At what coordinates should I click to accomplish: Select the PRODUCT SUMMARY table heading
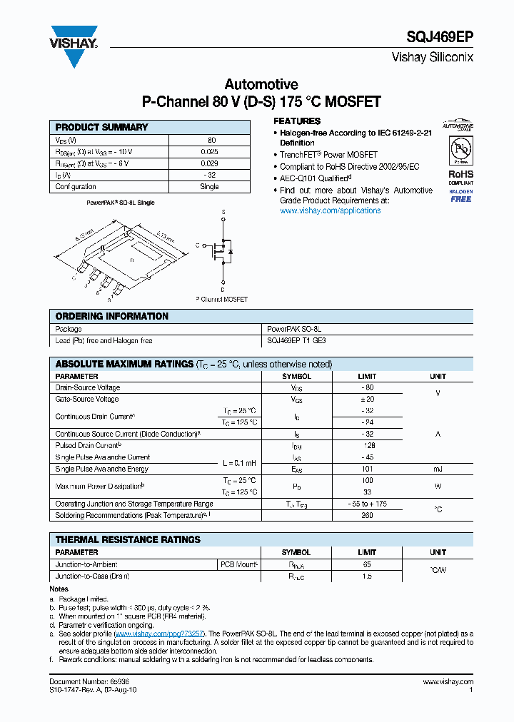coord(101,127)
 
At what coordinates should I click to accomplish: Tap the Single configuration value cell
coord(210,186)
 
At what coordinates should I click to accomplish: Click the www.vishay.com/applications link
coord(330,210)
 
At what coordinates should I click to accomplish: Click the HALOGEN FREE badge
coord(460,195)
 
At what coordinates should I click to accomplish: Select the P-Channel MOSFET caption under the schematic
coord(221,299)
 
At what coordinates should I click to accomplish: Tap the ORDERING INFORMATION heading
coord(112,316)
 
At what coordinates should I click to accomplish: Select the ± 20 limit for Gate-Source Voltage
coord(367,400)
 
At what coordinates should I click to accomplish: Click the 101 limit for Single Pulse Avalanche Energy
coord(367,469)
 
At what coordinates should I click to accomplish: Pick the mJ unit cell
coord(438,469)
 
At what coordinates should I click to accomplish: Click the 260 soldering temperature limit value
coord(367,515)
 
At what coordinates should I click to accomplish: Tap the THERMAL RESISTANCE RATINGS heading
coord(128,540)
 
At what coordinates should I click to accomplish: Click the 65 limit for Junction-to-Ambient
coord(367,564)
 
